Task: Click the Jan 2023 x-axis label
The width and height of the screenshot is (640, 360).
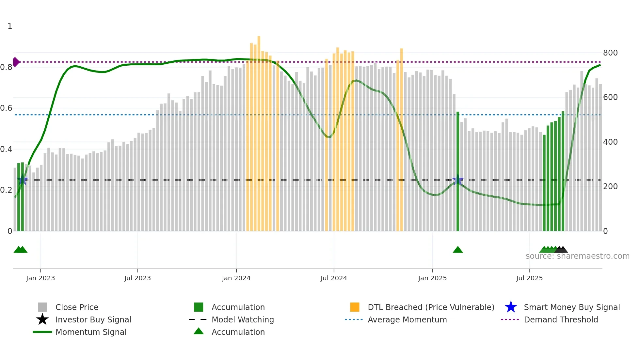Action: coord(40,278)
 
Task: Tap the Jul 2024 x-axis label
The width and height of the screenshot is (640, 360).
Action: coord(334,278)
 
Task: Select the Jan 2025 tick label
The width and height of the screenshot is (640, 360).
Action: coord(432,278)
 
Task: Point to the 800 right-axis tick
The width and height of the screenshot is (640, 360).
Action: coord(610,53)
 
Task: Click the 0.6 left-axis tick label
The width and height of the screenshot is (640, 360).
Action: coord(6,108)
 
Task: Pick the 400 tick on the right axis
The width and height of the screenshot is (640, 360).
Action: coord(610,142)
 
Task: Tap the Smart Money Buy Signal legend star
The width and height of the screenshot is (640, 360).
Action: coord(511,307)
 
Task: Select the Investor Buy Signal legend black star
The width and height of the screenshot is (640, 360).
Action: coord(42,320)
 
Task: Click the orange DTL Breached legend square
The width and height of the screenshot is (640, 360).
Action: coord(355,307)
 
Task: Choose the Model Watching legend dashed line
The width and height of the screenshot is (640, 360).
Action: coord(198,320)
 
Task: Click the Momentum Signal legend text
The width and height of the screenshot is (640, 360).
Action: coord(91,332)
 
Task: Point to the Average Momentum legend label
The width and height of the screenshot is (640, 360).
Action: coord(407,320)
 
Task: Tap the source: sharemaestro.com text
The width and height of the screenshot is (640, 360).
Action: coord(577,256)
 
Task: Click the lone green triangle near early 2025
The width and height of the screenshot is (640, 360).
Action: coord(458,250)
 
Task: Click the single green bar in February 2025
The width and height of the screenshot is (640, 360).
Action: coord(458,170)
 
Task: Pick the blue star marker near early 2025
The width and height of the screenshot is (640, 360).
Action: coord(458,180)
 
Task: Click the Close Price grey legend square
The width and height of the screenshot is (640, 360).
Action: coord(42,307)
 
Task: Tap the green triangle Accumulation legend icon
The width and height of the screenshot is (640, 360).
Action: coord(199,332)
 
